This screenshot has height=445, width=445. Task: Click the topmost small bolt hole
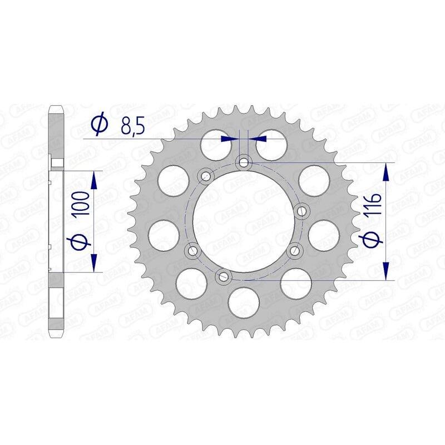[243, 162]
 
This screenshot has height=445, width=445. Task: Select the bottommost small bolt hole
[223, 275]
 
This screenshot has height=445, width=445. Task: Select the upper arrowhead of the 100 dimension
[93, 179]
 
